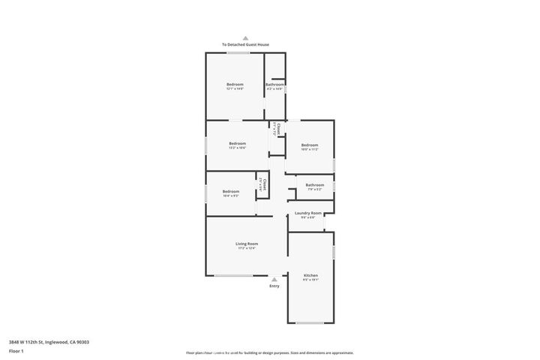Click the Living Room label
click(x=247, y=244)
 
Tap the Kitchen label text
click(x=310, y=275)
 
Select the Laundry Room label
click(x=307, y=213)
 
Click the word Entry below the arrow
click(x=274, y=286)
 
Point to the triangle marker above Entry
click(x=274, y=279)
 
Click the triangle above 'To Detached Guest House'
click(x=245, y=38)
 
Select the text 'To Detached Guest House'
click(x=245, y=45)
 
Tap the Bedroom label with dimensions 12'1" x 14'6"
click(x=235, y=85)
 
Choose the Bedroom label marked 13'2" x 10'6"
click(x=237, y=143)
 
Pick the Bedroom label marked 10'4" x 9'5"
click(x=230, y=191)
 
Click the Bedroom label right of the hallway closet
click(x=310, y=145)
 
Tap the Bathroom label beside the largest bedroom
click(x=274, y=85)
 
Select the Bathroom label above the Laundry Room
click(x=314, y=184)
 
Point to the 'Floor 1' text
click(x=16, y=351)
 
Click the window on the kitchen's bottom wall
click(x=310, y=323)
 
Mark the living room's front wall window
click(x=233, y=276)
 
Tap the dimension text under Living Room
click(x=247, y=248)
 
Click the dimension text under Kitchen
click(x=310, y=280)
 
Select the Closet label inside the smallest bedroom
click(x=264, y=183)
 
